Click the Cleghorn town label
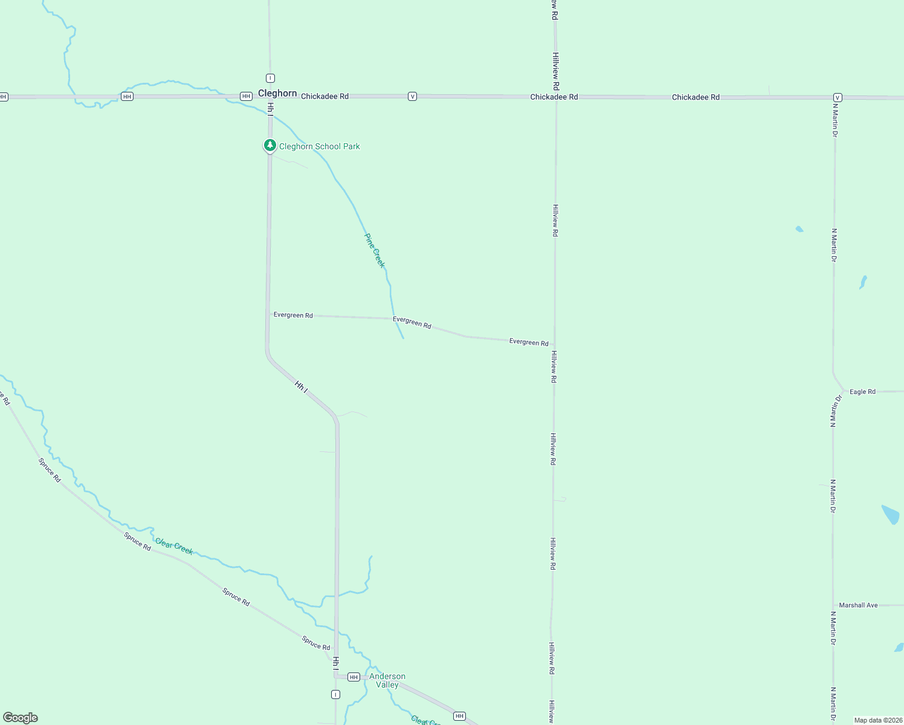click(x=277, y=93)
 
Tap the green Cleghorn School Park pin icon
click(x=270, y=146)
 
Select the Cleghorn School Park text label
click(x=320, y=146)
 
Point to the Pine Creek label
click(x=375, y=250)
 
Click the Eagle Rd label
click(x=862, y=391)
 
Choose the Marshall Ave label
click(x=858, y=605)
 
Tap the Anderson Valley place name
click(x=387, y=680)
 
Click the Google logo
click(x=21, y=718)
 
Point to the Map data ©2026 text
click(x=878, y=720)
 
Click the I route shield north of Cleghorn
click(x=270, y=78)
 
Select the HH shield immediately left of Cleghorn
click(x=246, y=97)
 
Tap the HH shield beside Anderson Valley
click(x=354, y=677)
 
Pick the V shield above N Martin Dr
click(x=838, y=97)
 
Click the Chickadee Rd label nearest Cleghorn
click(x=324, y=96)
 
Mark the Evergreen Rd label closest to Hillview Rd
click(x=529, y=342)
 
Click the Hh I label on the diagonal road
click(x=302, y=386)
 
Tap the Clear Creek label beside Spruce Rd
click(x=174, y=546)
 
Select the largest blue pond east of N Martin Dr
click(x=891, y=514)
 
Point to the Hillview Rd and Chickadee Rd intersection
click(x=556, y=97)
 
